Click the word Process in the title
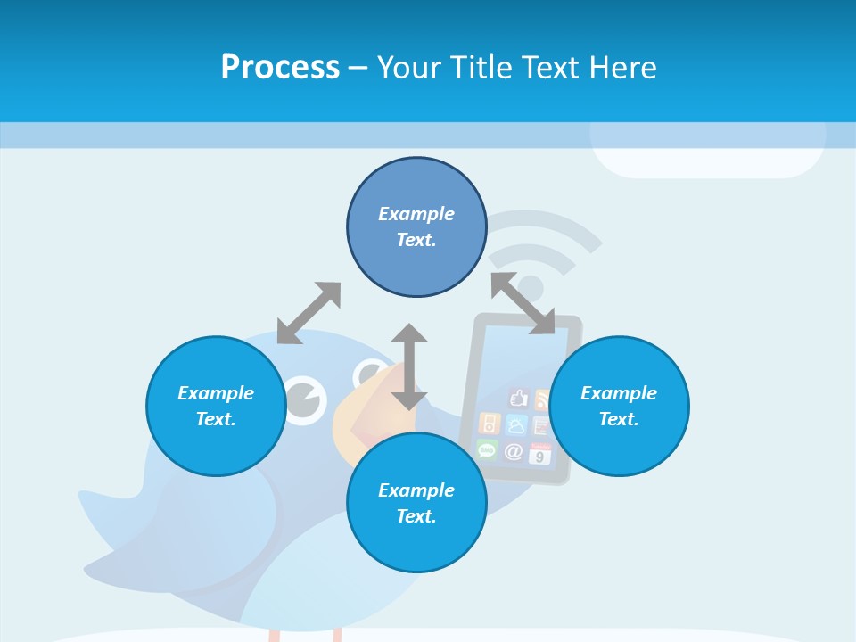pyautogui.click(x=280, y=68)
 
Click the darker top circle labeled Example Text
pyautogui.click(x=416, y=226)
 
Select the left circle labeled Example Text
pyautogui.click(x=216, y=406)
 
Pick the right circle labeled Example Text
pyautogui.click(x=619, y=406)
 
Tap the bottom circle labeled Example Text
pyautogui.click(x=416, y=503)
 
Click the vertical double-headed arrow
pyautogui.click(x=409, y=366)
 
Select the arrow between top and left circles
pyautogui.click(x=309, y=313)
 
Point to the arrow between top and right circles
pyautogui.click(x=523, y=304)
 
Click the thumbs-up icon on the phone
pyautogui.click(x=518, y=397)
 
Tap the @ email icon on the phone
pyautogui.click(x=514, y=451)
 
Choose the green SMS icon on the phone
pyautogui.click(x=487, y=449)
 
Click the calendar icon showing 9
pyautogui.click(x=540, y=454)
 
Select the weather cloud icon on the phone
pyautogui.click(x=516, y=424)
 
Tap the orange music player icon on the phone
pyautogui.click(x=489, y=423)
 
